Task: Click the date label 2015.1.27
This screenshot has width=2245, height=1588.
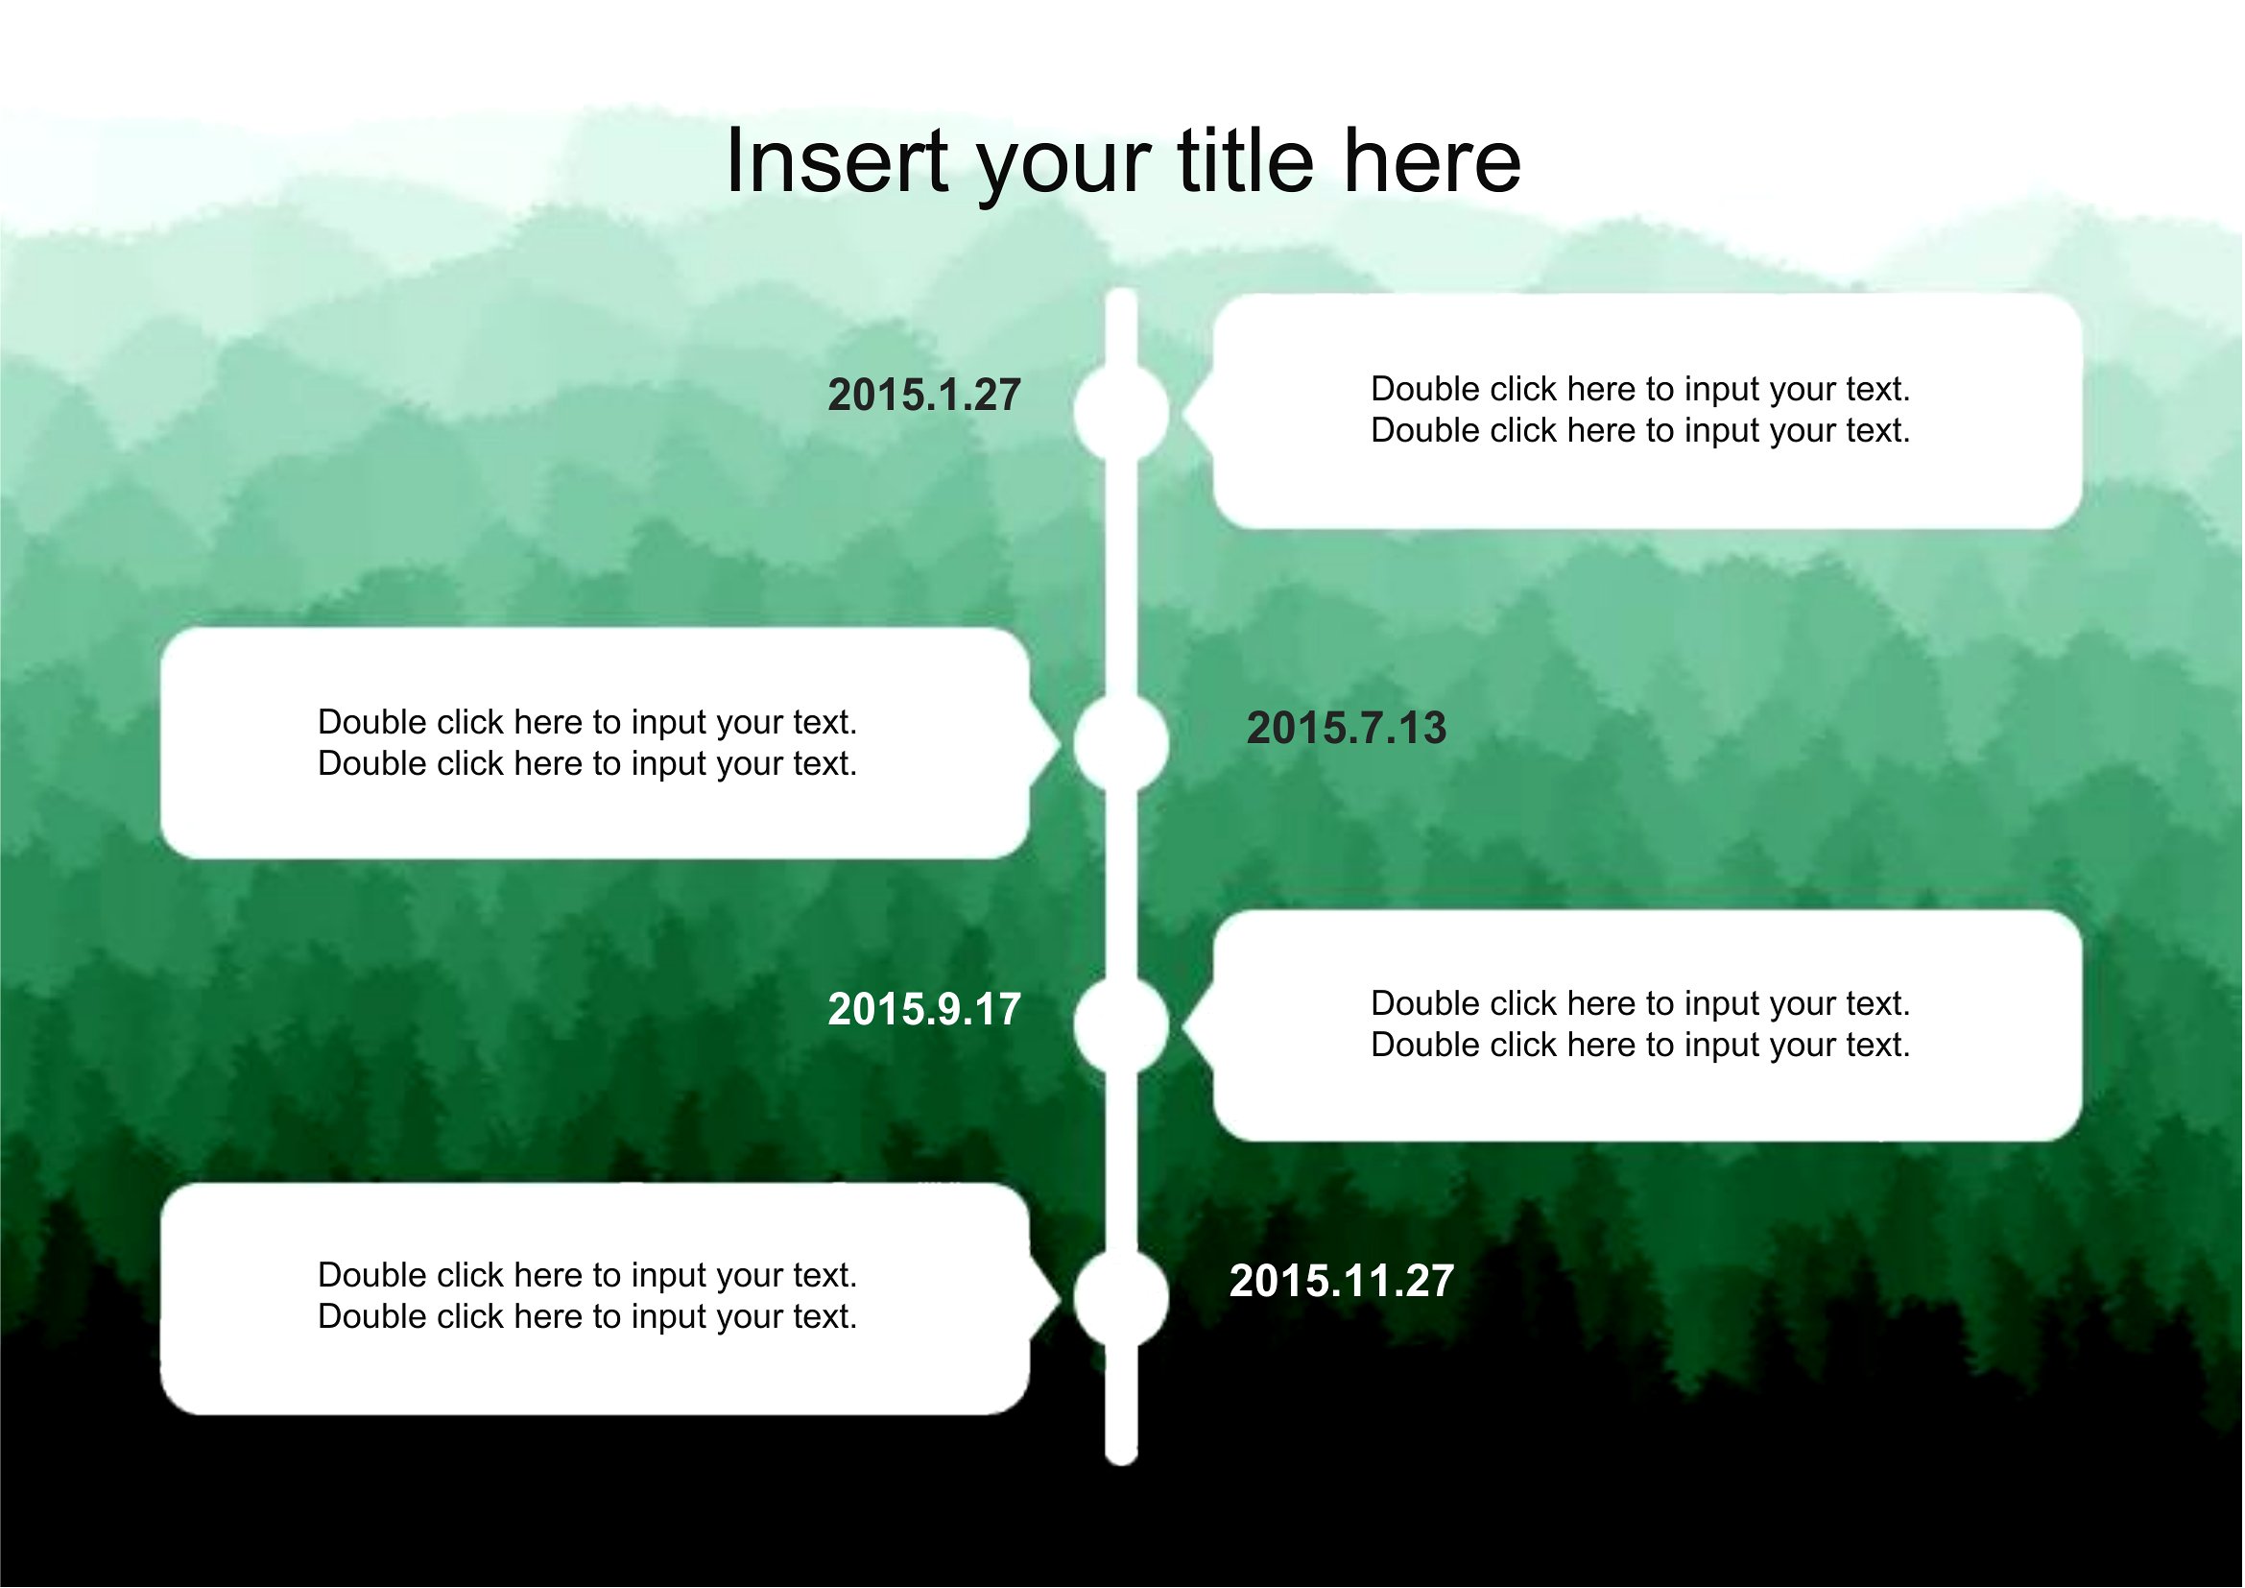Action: [925, 395]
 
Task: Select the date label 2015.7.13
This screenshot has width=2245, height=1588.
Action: [1347, 729]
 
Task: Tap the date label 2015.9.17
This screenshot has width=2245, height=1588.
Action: [925, 1009]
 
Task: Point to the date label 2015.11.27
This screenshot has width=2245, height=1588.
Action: [1342, 1281]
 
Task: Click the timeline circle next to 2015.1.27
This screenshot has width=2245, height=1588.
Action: [1121, 412]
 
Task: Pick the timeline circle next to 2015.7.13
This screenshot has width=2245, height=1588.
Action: [1121, 744]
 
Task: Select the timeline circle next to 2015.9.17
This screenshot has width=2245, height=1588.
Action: [1121, 1025]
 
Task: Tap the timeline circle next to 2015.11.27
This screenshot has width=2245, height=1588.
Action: [1121, 1299]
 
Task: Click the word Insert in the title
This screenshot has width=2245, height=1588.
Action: [838, 161]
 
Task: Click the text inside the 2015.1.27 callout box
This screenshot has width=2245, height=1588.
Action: [1640, 410]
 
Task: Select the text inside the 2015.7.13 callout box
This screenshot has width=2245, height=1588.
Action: [587, 743]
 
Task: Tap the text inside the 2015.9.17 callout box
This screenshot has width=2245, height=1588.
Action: [1640, 1023]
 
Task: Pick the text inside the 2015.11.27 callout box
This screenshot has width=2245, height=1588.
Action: [587, 1296]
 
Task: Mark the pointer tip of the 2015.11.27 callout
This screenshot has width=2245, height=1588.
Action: [1060, 1299]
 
